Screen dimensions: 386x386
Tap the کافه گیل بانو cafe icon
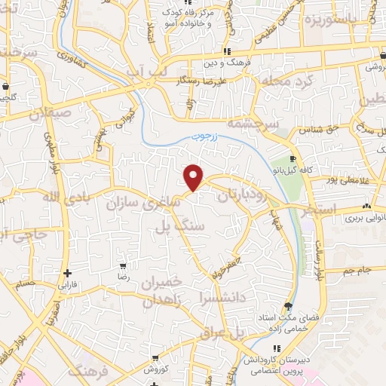(x=295, y=159)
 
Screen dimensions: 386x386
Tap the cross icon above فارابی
(x=68, y=274)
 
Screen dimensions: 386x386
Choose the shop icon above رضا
(x=123, y=266)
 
